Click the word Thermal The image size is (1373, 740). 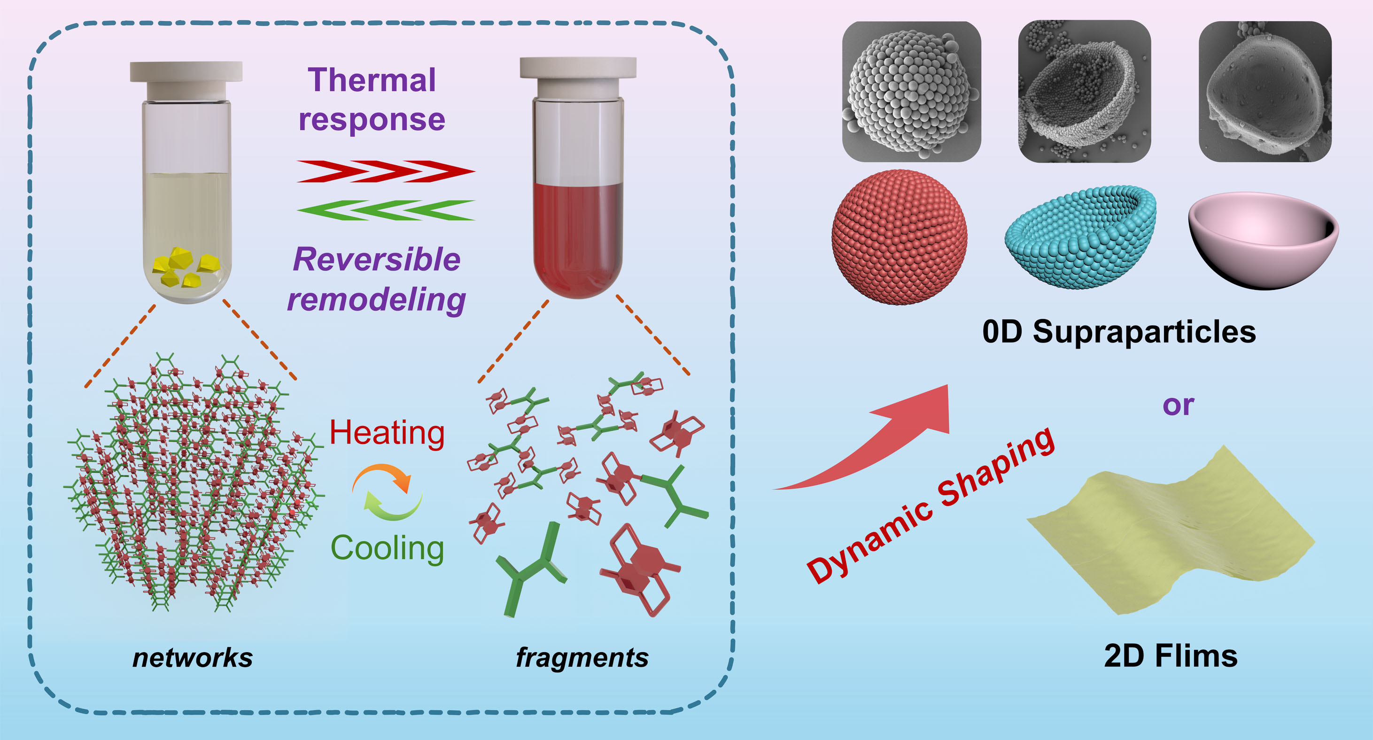point(372,80)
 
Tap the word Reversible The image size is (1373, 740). point(376,260)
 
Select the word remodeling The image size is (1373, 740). point(376,300)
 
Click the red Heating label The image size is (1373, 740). point(387,432)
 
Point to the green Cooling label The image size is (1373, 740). point(387,547)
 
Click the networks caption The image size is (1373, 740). point(193,657)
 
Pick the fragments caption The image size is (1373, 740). point(582,657)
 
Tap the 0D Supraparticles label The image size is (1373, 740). point(1119,332)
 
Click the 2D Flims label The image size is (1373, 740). point(1171,656)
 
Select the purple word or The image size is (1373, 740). point(1178,405)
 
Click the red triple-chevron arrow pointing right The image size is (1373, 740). point(385,171)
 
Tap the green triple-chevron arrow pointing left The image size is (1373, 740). point(385,210)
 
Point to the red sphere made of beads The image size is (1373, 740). point(899,238)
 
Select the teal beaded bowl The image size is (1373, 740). point(1080,237)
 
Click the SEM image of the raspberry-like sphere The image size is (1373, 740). point(911,91)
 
